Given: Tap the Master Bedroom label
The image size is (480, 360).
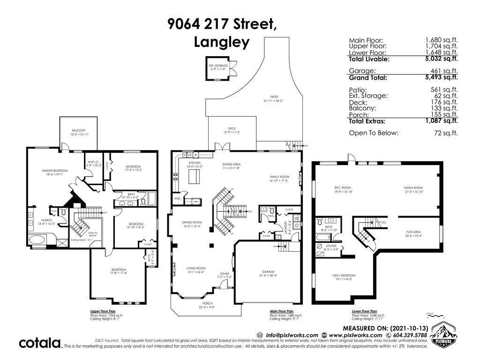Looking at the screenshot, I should (x=54, y=171).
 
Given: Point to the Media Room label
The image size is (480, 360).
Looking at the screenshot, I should (x=413, y=187).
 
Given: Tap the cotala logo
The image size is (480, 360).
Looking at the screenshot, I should (x=39, y=343).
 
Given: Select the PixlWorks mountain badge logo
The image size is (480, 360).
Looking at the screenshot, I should (x=444, y=334).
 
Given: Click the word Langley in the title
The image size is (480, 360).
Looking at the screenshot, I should (x=222, y=42).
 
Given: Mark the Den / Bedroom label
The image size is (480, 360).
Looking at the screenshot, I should (x=344, y=275).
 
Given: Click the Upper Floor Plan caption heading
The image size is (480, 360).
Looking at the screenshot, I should (x=103, y=311).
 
